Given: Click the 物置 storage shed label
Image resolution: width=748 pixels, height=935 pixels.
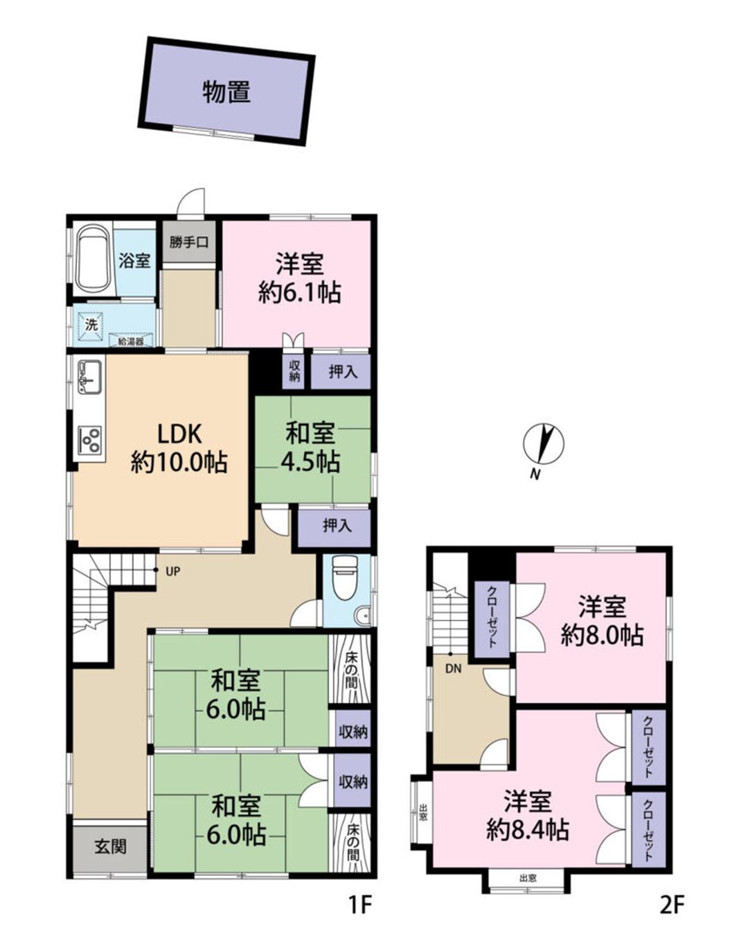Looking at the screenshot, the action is click(x=226, y=92).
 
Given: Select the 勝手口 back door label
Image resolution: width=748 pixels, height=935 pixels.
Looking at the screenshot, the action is click(x=189, y=242).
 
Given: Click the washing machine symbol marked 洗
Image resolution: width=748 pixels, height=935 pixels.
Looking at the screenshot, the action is click(x=91, y=325).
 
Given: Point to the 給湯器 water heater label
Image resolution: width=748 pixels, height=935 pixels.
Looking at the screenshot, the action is click(x=132, y=341).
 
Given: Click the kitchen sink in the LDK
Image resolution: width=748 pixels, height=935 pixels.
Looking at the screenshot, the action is click(x=89, y=375).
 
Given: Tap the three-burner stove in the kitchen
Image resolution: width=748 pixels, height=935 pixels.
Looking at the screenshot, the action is click(x=90, y=440).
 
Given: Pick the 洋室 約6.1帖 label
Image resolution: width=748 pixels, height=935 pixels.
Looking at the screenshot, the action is click(x=299, y=278).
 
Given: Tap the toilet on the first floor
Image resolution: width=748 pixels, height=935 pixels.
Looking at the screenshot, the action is click(x=344, y=577).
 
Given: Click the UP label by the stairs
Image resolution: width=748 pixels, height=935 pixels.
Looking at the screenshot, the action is click(x=172, y=571).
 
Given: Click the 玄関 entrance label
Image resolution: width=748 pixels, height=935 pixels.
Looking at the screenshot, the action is click(x=110, y=846).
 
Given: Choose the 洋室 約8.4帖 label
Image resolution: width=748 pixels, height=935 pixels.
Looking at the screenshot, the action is click(x=527, y=816).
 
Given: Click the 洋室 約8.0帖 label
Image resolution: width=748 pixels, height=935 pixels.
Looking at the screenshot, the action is click(x=602, y=622).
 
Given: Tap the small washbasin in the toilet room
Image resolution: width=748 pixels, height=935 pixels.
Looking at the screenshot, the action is click(x=362, y=616).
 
